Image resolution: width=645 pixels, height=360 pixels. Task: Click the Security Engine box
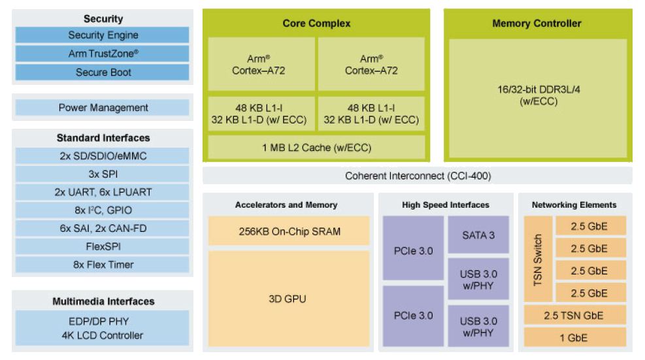tap(103, 35)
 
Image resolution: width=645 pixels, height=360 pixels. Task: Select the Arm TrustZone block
tap(103, 54)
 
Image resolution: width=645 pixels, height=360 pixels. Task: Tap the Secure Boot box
tap(103, 73)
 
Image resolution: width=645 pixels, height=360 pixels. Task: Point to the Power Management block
tap(103, 108)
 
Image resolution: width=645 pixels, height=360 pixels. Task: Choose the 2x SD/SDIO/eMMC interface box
tap(103, 156)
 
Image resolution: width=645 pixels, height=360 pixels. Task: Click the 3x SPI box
tap(103, 174)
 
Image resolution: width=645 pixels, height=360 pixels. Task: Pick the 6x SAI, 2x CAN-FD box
tap(103, 229)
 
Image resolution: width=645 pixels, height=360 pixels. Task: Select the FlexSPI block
tap(103, 246)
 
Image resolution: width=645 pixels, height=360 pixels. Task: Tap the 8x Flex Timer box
tap(103, 265)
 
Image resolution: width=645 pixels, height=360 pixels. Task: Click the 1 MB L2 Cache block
tap(316, 148)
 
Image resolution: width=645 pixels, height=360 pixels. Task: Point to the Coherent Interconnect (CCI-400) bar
tap(418, 176)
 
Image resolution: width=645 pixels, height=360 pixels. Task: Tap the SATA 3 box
tap(478, 235)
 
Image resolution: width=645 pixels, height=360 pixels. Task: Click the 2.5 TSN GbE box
tap(574, 316)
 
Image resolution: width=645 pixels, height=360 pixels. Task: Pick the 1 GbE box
tap(574, 338)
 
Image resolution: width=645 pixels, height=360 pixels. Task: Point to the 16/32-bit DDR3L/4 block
tap(538, 95)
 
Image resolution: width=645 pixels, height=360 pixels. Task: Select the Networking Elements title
tap(574, 205)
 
